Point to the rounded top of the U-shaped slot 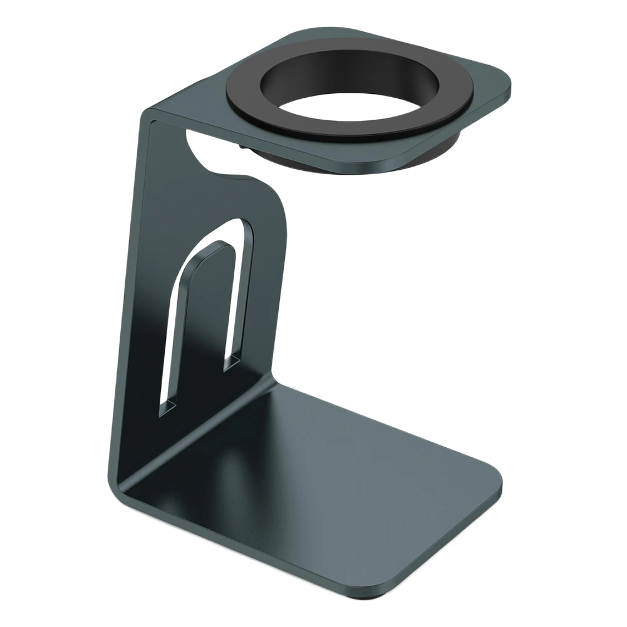pos(235,225)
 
